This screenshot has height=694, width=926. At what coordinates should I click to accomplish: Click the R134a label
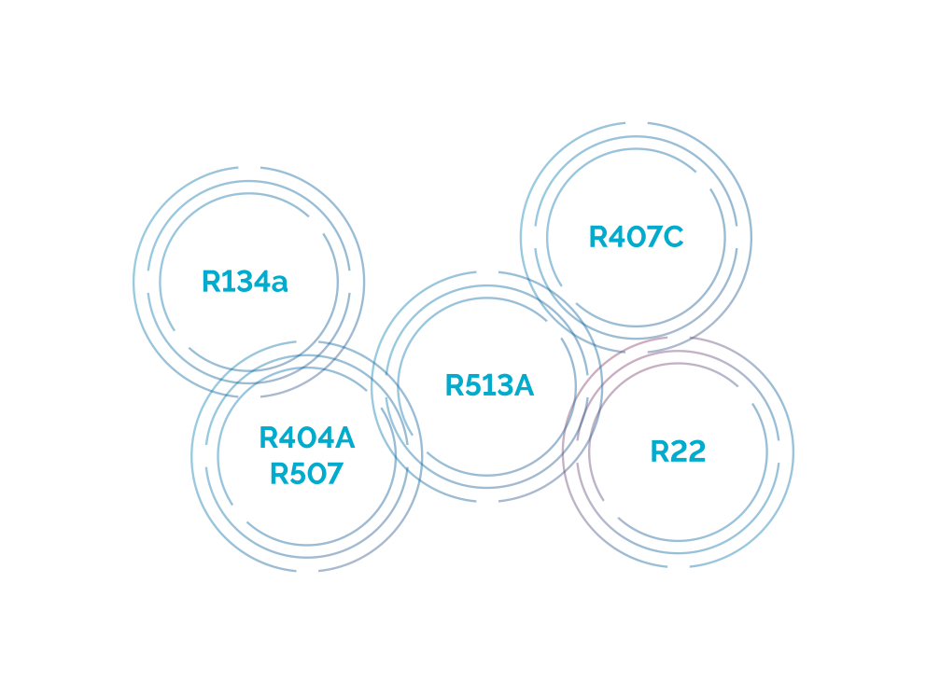pos(245,282)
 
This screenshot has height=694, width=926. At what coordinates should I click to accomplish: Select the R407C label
pos(636,237)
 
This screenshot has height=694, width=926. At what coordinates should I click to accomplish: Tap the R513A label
pos(489,385)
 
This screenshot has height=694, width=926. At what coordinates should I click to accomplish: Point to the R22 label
pos(678,451)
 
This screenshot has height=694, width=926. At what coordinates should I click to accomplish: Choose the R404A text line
pos(307,437)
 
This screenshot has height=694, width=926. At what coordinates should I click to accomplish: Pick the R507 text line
pos(306,474)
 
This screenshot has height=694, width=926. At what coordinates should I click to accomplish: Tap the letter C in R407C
pos(673,237)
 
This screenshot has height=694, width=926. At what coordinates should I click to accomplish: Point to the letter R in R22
pos(660,451)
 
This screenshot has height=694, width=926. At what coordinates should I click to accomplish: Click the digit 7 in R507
pos(333,474)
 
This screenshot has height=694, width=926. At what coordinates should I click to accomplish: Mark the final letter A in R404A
pos(344,437)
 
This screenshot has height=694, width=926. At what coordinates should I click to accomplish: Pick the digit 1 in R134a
pos(225,282)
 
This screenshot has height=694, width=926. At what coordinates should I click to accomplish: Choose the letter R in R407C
pos(598,237)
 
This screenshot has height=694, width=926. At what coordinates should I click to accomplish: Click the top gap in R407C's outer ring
pos(636,123)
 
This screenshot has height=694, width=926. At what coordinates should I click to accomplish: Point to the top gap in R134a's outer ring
pos(248,167)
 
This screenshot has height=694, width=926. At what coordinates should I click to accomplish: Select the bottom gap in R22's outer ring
pos(679,567)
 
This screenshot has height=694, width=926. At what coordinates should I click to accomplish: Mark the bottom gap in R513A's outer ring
pos(487,502)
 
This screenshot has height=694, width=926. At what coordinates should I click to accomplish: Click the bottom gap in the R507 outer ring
pos(307,571)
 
